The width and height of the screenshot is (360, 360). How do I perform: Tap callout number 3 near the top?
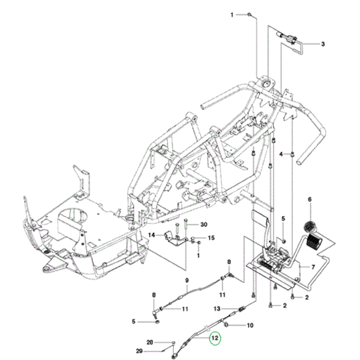[323, 44]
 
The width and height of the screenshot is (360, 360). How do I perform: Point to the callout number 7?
[312, 267]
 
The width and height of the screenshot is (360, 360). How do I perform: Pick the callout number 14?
[152, 235]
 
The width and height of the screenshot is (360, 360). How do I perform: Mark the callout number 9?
[187, 280]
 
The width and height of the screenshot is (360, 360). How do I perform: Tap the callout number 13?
[217, 309]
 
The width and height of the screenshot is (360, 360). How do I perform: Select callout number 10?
[250, 325]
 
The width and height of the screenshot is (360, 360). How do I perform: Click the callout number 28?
[150, 342]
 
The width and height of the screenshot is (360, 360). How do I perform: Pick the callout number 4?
[281, 154]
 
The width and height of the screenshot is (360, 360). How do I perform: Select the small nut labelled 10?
[227, 325]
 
